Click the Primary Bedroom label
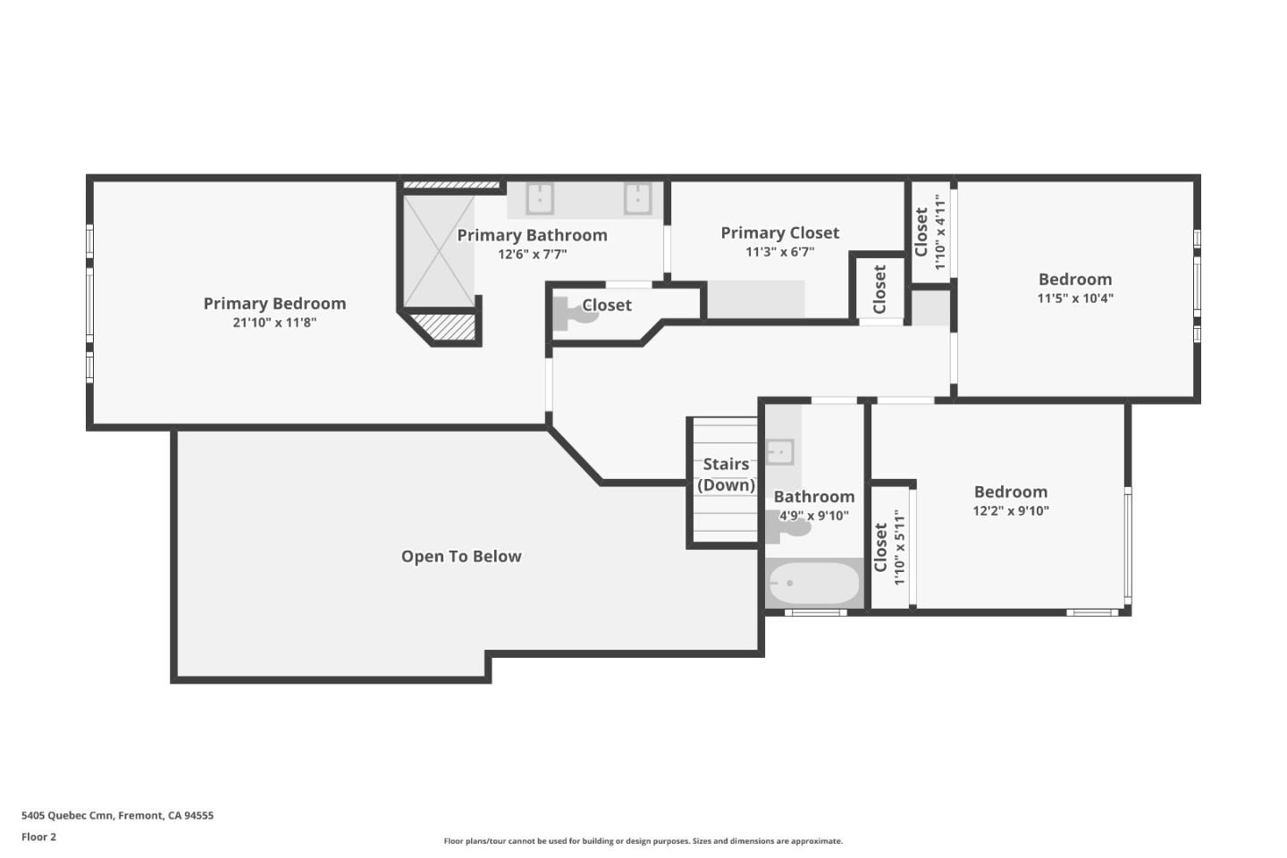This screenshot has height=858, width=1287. pos(274,304)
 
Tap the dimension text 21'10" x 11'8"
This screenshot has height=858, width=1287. pos(274,323)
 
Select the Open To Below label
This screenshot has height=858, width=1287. pos(461,557)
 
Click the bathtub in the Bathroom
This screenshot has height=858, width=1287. pos(814,584)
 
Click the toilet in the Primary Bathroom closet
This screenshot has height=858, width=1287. pos(569,313)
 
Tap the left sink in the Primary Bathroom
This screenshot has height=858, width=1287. pos(539,198)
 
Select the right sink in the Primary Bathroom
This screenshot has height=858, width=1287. pos(637,198)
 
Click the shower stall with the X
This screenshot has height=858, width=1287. pos(438,252)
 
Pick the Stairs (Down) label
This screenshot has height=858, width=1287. pos(726,475)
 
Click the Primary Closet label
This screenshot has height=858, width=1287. pos(780,233)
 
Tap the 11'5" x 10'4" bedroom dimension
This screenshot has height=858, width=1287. pos(1075,299)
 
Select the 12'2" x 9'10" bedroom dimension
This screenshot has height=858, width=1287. pos(1011,511)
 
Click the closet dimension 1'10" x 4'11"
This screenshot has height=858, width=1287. pos(940,232)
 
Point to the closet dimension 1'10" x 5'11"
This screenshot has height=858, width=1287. pos(900,547)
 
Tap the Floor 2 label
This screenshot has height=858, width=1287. pos(38,837)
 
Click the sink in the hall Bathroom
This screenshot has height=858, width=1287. pos(779,451)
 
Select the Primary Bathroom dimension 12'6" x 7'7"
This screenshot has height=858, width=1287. pos(533,255)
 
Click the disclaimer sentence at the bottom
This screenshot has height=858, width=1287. pos(643,841)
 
